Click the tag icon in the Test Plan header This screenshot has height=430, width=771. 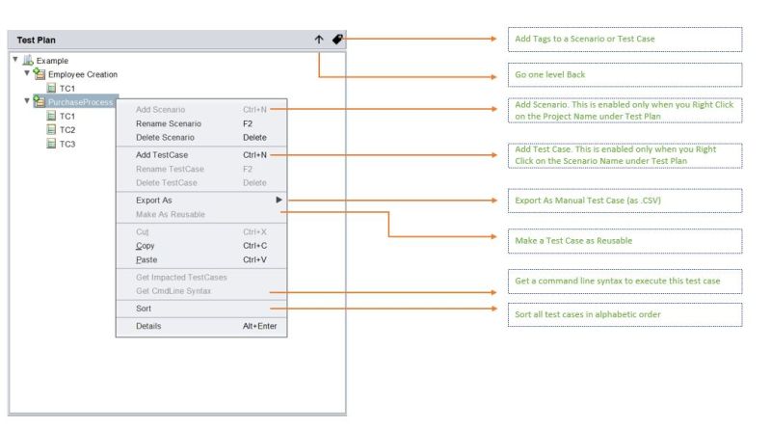pyautogui.click(x=337, y=40)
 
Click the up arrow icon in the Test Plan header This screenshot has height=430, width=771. pyautogui.click(x=319, y=40)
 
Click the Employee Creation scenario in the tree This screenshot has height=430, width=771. pyautogui.click(x=83, y=74)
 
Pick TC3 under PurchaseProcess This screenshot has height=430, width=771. pyautogui.click(x=67, y=144)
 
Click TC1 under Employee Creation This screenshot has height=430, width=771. pyautogui.click(x=67, y=88)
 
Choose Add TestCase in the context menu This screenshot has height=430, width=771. pyautogui.click(x=162, y=154)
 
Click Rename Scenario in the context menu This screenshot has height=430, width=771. pyautogui.click(x=169, y=123)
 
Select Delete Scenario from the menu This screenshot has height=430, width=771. pyautogui.click(x=165, y=137)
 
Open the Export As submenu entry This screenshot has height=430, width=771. pyautogui.click(x=154, y=200)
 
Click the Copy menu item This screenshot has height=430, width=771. pyautogui.click(x=146, y=246)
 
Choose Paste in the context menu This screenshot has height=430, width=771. pyautogui.click(x=146, y=259)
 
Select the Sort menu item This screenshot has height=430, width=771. pyautogui.click(x=144, y=309)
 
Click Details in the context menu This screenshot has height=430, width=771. pyautogui.click(x=148, y=326)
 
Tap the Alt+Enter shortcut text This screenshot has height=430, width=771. pyautogui.click(x=261, y=326)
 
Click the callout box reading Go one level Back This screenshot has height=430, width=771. pyautogui.click(x=624, y=75)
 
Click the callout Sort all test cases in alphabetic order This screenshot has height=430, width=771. pyautogui.click(x=624, y=314)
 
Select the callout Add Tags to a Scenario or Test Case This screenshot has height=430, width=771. pyautogui.click(x=624, y=39)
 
